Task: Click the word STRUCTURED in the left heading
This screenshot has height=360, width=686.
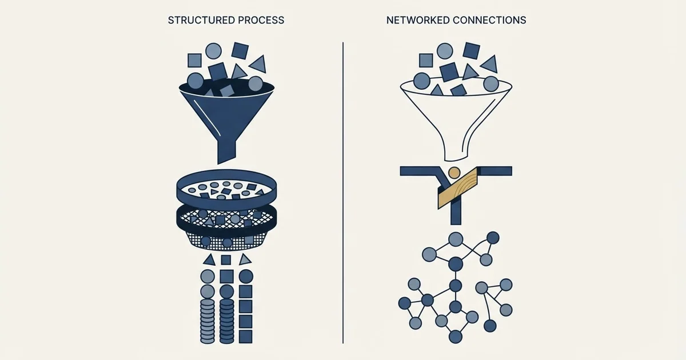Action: [x=201, y=20]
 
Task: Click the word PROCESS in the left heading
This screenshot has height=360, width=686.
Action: [x=261, y=20]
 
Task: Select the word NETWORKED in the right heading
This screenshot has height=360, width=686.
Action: [x=418, y=20]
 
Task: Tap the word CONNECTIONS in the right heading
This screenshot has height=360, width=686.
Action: [x=489, y=20]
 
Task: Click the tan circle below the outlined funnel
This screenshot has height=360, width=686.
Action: [x=454, y=173]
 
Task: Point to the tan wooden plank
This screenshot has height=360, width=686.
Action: [x=458, y=188]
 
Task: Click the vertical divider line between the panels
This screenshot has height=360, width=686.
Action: [x=343, y=193]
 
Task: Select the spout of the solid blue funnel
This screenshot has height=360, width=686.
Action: [x=226, y=152]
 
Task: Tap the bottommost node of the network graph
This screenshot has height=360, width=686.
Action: [x=456, y=337]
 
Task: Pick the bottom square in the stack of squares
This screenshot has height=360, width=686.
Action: [x=245, y=337]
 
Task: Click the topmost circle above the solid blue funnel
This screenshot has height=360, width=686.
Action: [x=213, y=51]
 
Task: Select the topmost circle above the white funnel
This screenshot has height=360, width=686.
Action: [x=445, y=51]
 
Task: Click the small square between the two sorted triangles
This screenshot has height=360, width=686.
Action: [x=226, y=260]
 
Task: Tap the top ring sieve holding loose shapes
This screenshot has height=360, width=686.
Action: [x=226, y=190]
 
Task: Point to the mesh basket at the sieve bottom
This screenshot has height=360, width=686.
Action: [x=227, y=241]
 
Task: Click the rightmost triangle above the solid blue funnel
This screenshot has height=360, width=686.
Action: [x=258, y=64]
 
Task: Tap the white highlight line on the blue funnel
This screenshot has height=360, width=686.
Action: [x=207, y=117]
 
